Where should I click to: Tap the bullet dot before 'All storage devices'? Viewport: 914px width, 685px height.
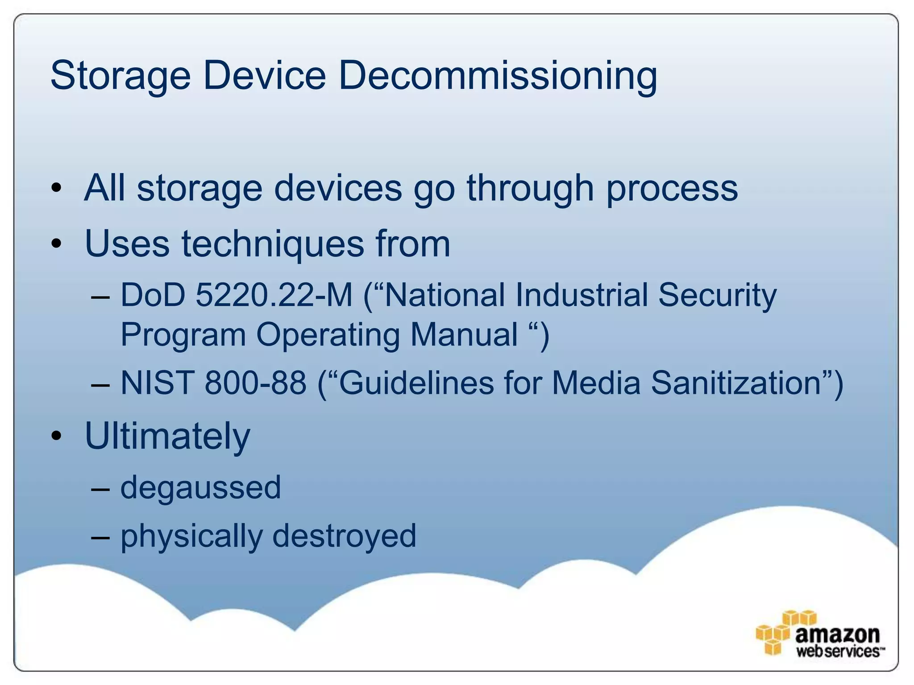(56, 188)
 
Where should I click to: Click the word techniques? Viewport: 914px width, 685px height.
(273, 244)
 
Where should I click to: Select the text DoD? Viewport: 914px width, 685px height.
(153, 295)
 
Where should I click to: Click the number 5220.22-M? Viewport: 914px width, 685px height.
(274, 295)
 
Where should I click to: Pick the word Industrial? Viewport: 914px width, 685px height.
(581, 295)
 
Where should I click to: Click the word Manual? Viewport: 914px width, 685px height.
(464, 334)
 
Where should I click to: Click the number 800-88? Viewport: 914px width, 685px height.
(255, 383)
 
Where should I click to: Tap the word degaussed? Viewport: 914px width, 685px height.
(201, 487)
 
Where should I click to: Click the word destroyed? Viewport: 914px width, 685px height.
(344, 535)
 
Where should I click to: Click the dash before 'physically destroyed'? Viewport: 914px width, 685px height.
(100, 536)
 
